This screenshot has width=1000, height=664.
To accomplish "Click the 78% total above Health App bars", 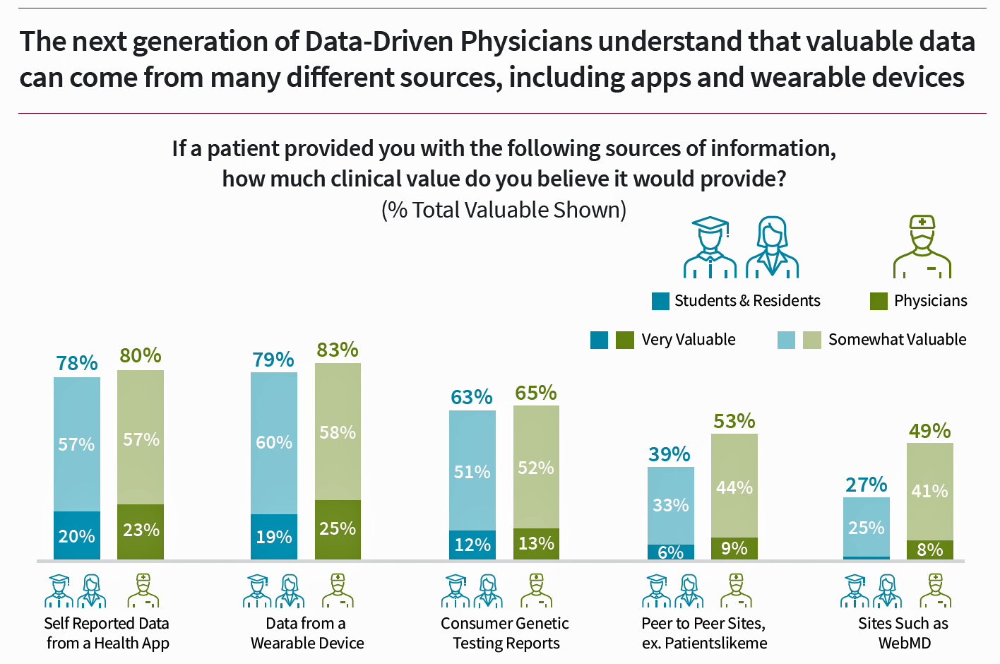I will click(77, 363).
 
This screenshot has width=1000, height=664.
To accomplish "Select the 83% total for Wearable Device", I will click(338, 350).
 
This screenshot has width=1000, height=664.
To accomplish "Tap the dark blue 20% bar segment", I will click(77, 535).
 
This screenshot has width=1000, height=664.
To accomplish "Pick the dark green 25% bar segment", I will click(338, 529).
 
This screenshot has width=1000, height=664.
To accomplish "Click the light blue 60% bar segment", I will click(274, 443).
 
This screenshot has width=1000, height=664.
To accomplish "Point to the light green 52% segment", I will click(536, 467).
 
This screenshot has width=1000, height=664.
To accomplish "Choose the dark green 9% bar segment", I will click(734, 548).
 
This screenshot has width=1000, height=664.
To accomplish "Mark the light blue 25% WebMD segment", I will click(867, 527).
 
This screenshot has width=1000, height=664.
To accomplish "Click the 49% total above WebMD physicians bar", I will click(930, 431).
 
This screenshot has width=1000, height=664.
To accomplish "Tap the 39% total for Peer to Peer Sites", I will click(669, 454).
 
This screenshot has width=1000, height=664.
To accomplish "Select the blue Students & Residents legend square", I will click(660, 302).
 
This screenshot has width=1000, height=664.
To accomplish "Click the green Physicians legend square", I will click(879, 302).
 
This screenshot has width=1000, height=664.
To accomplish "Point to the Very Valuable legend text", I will click(689, 340).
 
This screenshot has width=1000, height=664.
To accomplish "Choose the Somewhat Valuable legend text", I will click(897, 340).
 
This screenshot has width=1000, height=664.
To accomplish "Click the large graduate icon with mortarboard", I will click(710, 247).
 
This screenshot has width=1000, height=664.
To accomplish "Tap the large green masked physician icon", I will click(922, 247).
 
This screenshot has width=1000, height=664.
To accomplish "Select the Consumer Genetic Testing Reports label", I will click(506, 633).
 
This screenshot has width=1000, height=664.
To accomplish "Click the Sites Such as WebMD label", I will click(903, 633).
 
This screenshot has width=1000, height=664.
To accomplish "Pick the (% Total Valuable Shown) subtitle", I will click(504, 211).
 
